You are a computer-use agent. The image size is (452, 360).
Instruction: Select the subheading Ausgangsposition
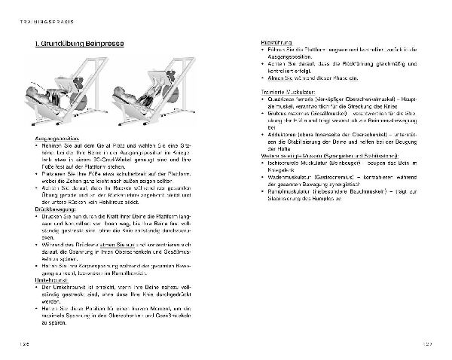pos(56,141)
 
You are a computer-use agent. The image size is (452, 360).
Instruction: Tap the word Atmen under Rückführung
pos(275,78)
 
